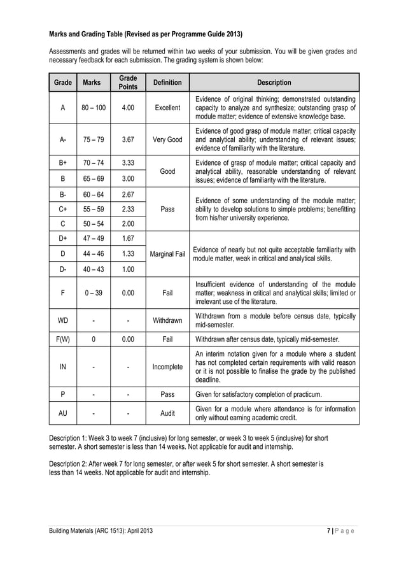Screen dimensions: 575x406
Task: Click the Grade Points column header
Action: pos(127,82)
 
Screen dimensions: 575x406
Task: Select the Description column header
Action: pos(274,82)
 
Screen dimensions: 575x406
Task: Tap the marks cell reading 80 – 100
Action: pos(94,108)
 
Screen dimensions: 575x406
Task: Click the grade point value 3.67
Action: pos(127,139)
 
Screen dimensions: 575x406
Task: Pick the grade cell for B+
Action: pos(62,163)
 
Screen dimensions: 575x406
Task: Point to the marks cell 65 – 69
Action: pos(94,179)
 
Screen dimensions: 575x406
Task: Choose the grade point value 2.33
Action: pos(127,209)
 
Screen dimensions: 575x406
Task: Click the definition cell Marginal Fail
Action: pos(167,254)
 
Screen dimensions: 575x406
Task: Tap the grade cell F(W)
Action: pos(62,339)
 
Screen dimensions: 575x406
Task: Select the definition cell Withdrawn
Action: pos(167,320)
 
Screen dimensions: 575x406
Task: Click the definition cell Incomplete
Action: pos(167,367)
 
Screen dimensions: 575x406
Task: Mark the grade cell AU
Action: pos(62,413)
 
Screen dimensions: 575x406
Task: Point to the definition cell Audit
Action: pos(167,413)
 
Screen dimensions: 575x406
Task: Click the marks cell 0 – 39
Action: pos(94,293)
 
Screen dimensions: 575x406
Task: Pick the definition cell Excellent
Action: pos(167,108)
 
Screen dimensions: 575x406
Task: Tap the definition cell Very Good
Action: pos(167,139)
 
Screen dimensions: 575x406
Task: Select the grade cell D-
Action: pos(62,269)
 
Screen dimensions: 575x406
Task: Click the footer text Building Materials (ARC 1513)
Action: pos(89,530)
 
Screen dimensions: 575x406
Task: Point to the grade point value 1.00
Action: pos(127,269)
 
